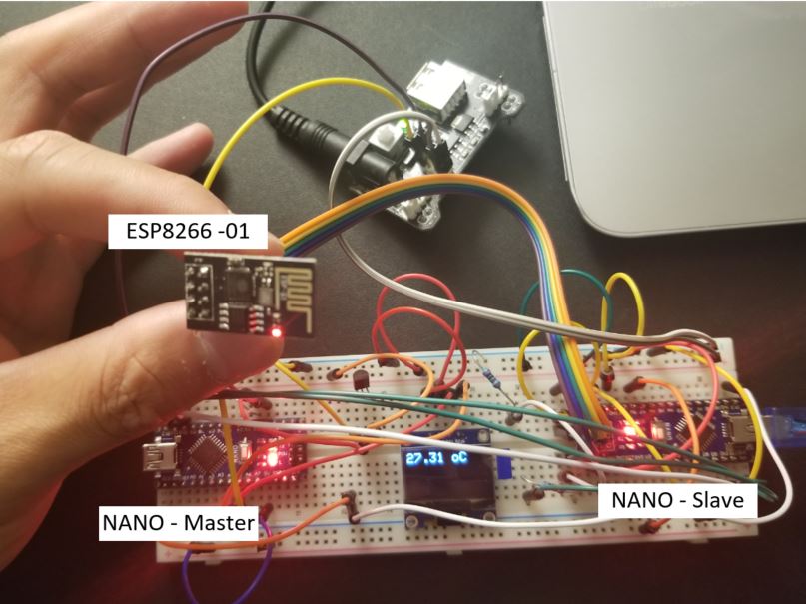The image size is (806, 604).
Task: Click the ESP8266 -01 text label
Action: coord(187,236)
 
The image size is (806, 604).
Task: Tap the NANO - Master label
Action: coord(177,522)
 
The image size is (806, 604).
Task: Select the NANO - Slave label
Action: coord(676,500)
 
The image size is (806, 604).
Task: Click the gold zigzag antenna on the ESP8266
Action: coord(297,290)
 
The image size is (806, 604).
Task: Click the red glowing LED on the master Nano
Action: coord(271,463)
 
